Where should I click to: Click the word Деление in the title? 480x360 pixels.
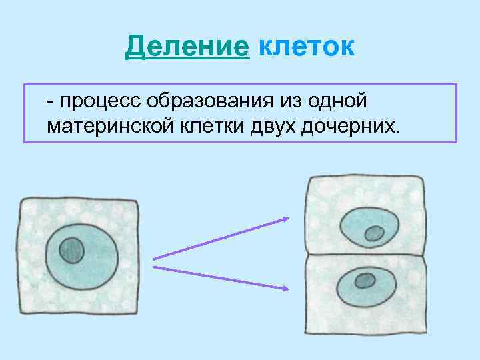(x=187, y=47)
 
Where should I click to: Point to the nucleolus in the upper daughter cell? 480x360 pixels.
(x=374, y=233)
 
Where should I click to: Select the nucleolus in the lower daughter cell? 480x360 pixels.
(x=365, y=280)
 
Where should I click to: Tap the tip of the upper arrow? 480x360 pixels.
(x=289, y=218)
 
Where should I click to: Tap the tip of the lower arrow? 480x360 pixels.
(x=289, y=289)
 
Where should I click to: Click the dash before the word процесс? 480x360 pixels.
(x=51, y=102)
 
